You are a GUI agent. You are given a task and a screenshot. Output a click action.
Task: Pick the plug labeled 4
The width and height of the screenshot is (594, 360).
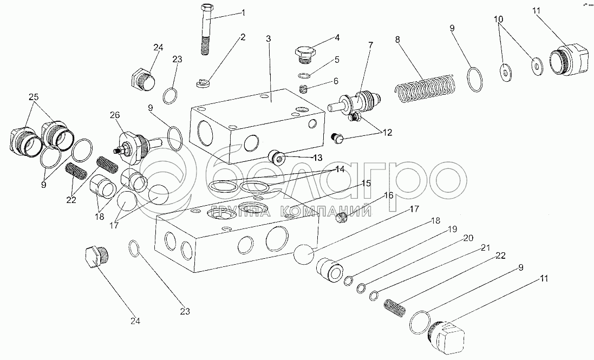[304, 53]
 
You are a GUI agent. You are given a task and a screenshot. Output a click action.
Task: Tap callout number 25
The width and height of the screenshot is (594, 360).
[34, 97]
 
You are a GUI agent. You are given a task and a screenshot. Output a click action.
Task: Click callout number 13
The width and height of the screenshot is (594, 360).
[317, 158]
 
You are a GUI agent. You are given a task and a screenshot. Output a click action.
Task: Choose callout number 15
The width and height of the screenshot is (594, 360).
[367, 184]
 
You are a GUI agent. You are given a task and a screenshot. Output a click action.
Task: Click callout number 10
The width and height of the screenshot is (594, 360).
[499, 19]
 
